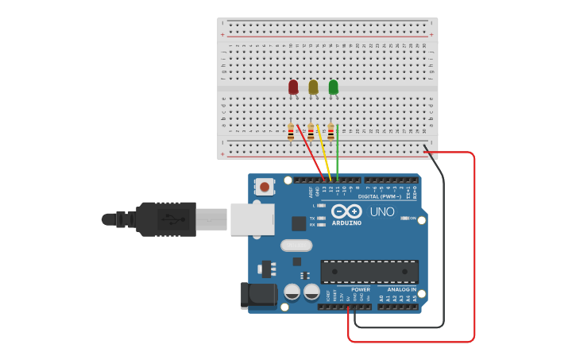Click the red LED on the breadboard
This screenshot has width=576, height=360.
[293, 87]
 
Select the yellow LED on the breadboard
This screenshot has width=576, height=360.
[313, 87]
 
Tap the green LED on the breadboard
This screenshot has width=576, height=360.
[333, 87]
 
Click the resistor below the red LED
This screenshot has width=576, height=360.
[291, 133]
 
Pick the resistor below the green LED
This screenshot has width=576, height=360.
[331, 133]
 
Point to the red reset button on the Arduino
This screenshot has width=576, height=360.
[264, 188]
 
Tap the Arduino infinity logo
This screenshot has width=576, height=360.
[346, 211]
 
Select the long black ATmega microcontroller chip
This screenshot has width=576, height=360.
[369, 272]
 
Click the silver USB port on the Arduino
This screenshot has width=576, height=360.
[252, 219]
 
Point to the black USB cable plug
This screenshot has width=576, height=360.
[165, 219]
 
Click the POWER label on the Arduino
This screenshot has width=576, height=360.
[360, 289]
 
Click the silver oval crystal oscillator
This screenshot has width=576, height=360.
[296, 246]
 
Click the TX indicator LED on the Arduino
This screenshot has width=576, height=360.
[322, 218]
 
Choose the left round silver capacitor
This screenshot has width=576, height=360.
[292, 292]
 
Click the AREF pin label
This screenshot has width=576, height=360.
[310, 191]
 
